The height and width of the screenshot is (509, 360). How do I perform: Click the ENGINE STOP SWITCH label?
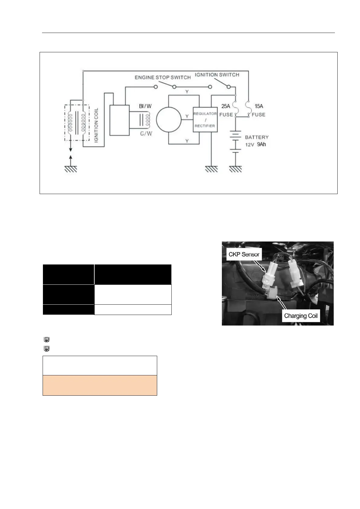click(x=163, y=77)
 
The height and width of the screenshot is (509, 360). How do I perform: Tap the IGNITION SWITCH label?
click(x=217, y=75)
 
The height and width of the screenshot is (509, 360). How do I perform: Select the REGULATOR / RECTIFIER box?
click(x=205, y=120)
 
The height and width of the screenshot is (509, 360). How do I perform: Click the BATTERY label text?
click(x=257, y=137)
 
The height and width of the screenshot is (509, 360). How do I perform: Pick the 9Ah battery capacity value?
click(x=261, y=144)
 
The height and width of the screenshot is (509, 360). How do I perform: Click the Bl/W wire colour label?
click(x=145, y=106)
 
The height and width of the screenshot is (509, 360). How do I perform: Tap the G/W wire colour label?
click(x=146, y=133)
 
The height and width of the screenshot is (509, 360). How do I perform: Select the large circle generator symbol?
click(x=169, y=120)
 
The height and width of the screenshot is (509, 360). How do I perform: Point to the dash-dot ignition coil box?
click(x=77, y=122)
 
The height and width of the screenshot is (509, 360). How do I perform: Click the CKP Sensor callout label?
click(x=244, y=254)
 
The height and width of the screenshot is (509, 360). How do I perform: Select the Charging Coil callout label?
click(x=300, y=316)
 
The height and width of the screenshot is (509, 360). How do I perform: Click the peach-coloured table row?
click(x=100, y=385)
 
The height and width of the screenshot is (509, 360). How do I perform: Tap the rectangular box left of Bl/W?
click(x=119, y=120)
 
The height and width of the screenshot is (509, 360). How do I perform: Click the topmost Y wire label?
click(x=187, y=92)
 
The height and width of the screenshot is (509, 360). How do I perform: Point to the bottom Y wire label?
click(x=187, y=141)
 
